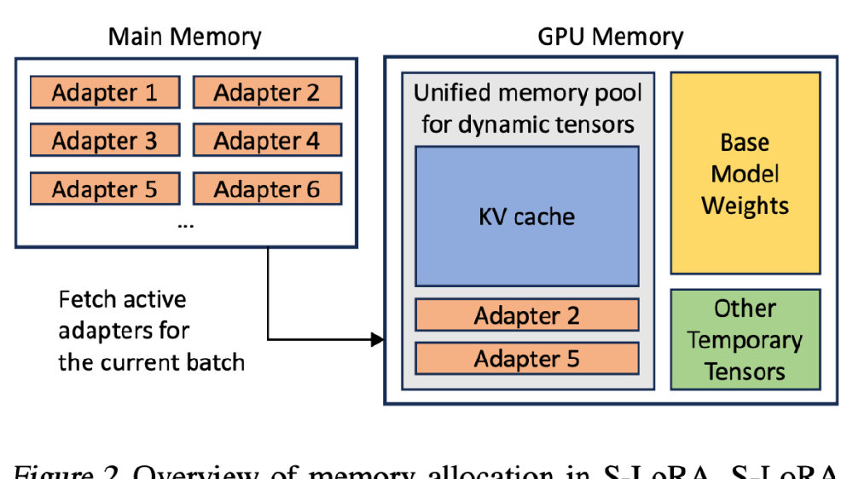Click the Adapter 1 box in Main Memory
click(105, 92)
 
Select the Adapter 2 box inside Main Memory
click(267, 92)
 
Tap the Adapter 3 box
click(105, 140)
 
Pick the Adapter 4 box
click(267, 140)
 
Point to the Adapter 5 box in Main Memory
click(105, 188)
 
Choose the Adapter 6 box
click(267, 188)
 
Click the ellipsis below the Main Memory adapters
click(185, 224)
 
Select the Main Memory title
click(185, 38)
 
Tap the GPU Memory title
click(610, 38)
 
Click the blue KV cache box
click(526, 216)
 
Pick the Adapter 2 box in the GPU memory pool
click(526, 315)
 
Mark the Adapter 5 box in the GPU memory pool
click(526, 358)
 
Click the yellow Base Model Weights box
click(745, 173)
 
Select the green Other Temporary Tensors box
click(745, 339)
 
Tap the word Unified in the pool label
click(461, 93)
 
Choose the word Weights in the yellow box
click(745, 205)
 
